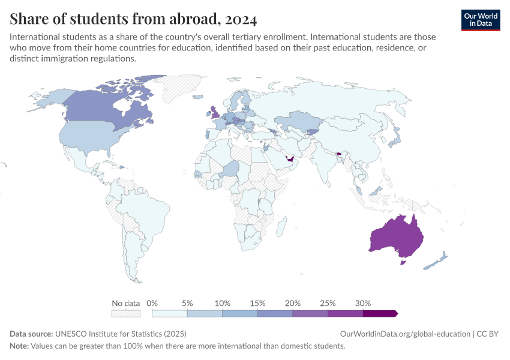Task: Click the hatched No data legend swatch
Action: click(x=126, y=313)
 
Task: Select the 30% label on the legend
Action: click(x=363, y=303)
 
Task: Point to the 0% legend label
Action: click(x=152, y=303)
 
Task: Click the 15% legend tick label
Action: click(x=257, y=303)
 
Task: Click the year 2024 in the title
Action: click(x=242, y=20)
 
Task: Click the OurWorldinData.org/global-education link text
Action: click(x=404, y=334)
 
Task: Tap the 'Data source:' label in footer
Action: click(x=31, y=334)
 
